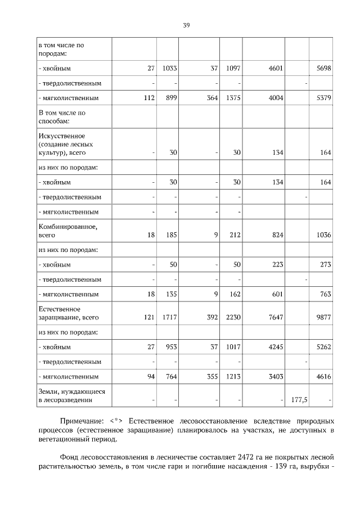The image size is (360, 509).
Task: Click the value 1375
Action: pos(232,98)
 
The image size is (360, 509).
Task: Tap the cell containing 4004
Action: pos(275,98)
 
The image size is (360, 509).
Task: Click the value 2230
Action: pos(232,318)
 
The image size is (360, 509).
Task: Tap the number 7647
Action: pos(275,318)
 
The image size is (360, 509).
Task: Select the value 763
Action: pos(325,294)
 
